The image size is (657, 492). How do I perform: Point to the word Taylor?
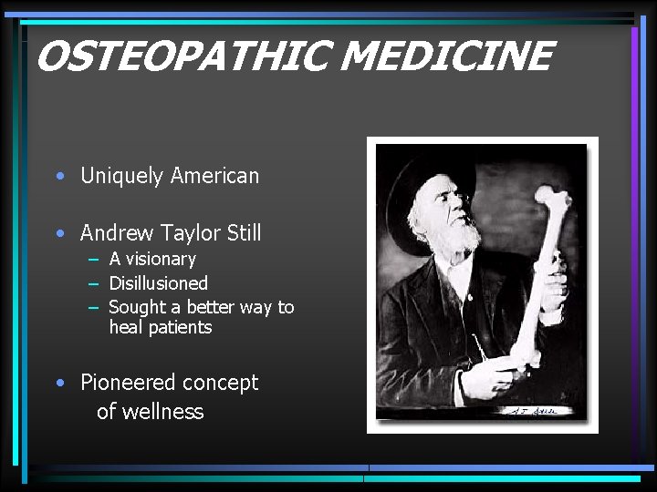190,234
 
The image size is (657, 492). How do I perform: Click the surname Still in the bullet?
244,233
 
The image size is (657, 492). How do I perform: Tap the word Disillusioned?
159,283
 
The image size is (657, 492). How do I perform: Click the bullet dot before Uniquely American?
59,177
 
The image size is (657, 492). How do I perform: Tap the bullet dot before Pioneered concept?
59,384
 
